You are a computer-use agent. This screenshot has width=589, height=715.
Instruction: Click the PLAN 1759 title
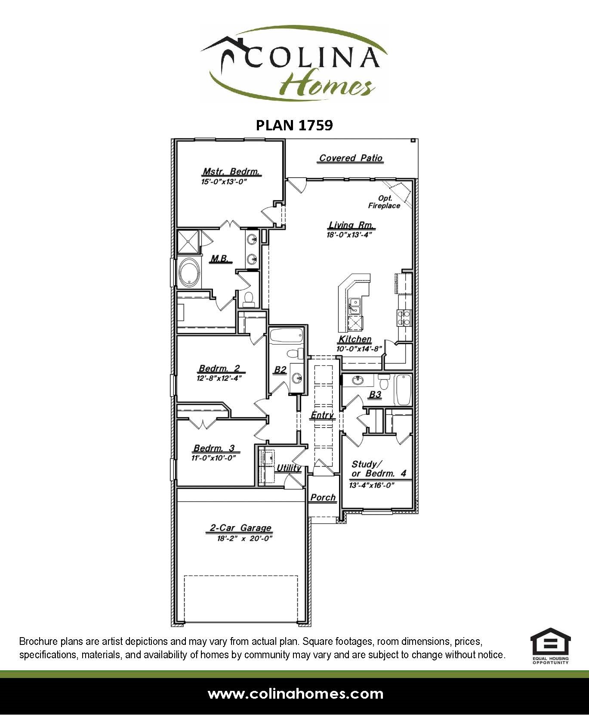point(294,125)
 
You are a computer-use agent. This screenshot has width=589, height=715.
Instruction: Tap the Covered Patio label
point(351,158)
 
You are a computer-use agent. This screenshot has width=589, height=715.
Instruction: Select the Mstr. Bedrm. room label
point(231,172)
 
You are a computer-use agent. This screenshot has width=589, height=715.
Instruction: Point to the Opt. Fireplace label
point(384,202)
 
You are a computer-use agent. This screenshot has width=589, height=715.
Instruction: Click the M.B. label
point(221,259)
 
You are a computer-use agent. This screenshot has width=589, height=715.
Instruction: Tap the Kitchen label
point(355,339)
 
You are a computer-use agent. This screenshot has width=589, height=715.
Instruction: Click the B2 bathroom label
point(280,370)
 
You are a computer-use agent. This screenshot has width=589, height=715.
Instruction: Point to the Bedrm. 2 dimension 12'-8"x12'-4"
point(219,379)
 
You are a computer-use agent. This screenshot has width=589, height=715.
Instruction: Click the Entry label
point(322,415)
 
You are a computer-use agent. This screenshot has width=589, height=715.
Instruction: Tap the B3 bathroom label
point(375,394)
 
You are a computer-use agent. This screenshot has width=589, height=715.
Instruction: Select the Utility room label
point(289,468)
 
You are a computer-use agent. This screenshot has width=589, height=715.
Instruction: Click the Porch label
point(323,497)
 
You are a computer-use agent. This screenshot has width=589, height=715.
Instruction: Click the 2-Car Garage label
point(241,528)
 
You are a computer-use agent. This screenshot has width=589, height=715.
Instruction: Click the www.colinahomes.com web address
point(295,693)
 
